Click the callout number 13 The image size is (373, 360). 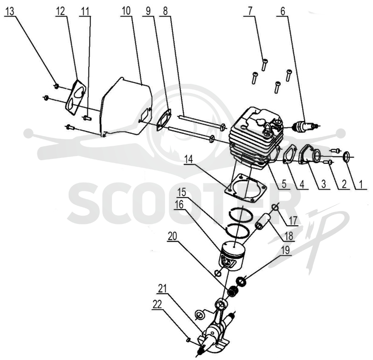[x=9, y=11]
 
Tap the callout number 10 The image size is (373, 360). [x=126, y=11]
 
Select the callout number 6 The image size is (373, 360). [x=283, y=11]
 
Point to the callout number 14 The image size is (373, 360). [x=189, y=159]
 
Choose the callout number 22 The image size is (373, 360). [x=157, y=305]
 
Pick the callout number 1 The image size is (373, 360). [x=360, y=184]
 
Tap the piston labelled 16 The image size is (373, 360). [x=232, y=256]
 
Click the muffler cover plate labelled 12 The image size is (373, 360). [x=76, y=97]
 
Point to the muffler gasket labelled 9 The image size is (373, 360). [x=165, y=120]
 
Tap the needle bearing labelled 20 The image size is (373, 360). [x=233, y=292]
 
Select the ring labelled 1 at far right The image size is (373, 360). [x=347, y=156]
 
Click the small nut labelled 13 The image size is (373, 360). [x=56, y=86]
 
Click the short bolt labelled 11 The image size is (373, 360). [x=87, y=117]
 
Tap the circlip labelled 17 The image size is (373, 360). [x=275, y=207]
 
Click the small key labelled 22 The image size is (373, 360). [x=188, y=340]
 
